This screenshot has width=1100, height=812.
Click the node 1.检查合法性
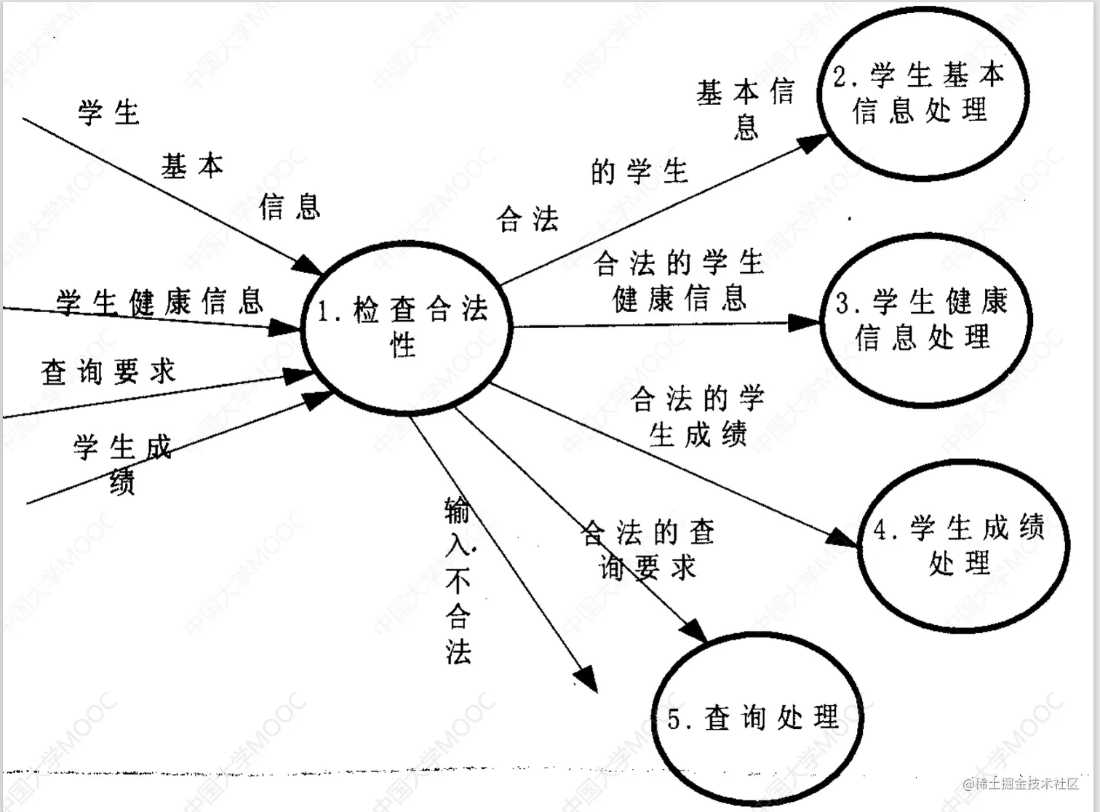[x=406, y=328]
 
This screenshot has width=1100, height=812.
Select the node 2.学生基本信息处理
[x=922, y=93]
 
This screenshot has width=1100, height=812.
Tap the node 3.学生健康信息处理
[x=925, y=320]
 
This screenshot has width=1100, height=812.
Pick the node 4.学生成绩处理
[x=961, y=546]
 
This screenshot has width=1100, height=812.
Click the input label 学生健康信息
[x=159, y=302]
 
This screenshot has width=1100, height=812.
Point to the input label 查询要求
[x=108, y=372]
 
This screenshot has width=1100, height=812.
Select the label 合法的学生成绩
[x=698, y=416]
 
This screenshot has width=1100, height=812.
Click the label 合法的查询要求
[x=648, y=549]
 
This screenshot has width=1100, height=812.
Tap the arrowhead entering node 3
[x=805, y=322]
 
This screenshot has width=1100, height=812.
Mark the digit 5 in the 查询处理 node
[x=674, y=720]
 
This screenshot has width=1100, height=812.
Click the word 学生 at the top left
[x=108, y=113]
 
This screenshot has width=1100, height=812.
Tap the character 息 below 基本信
[x=746, y=127]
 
